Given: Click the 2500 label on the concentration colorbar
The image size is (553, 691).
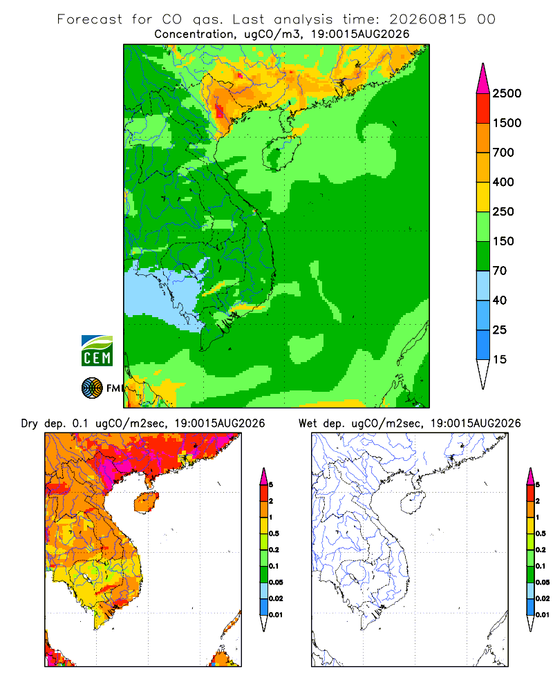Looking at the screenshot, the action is coord(507,93).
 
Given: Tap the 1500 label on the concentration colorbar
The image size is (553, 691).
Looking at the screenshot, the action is coord(507,123).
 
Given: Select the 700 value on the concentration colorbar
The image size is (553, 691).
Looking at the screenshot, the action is coord(503,153).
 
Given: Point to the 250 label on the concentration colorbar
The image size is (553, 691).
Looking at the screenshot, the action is coord(503,211).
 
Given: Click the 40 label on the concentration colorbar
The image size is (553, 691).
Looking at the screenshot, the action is coord(499,300).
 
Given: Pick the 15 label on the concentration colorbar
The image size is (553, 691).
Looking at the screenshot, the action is coord(499,359).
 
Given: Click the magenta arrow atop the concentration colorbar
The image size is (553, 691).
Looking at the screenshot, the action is coord(483,79).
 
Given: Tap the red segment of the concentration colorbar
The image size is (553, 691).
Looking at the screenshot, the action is coord(483,108).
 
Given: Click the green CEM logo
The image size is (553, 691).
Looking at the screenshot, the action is coord(97,351).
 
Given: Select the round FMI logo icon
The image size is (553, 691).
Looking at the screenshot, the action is coord(92,388).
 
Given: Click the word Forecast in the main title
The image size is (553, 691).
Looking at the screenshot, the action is coord(90,19).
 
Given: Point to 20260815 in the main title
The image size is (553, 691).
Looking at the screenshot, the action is coord(427,19).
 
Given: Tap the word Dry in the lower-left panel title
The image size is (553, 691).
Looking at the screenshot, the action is coord(30,424).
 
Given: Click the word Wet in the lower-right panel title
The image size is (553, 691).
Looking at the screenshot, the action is coord(308,424).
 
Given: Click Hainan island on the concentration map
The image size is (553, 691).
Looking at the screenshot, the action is coord(281,153).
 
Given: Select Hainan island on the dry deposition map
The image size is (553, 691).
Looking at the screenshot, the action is coord(147,503).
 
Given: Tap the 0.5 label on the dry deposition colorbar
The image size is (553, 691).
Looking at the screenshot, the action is coord(274,533).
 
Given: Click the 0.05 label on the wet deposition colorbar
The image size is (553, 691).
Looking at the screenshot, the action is coord(543,582).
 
